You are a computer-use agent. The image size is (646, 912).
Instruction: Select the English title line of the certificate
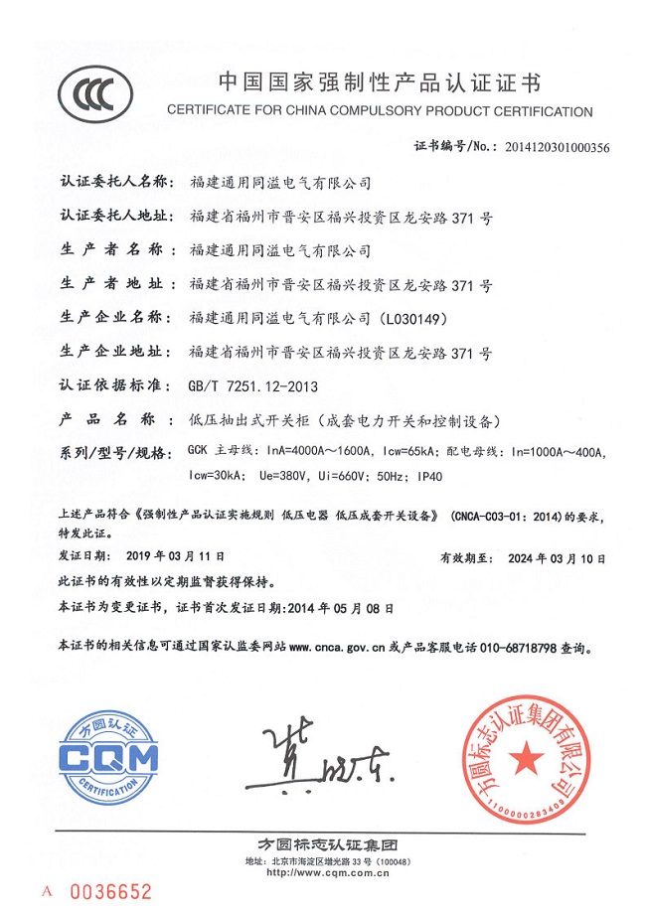tap(381, 110)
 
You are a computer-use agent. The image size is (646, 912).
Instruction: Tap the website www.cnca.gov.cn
tap(342, 646)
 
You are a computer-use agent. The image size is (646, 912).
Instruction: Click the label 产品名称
tap(109, 419)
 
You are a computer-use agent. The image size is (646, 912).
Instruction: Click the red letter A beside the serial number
tap(46, 891)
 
